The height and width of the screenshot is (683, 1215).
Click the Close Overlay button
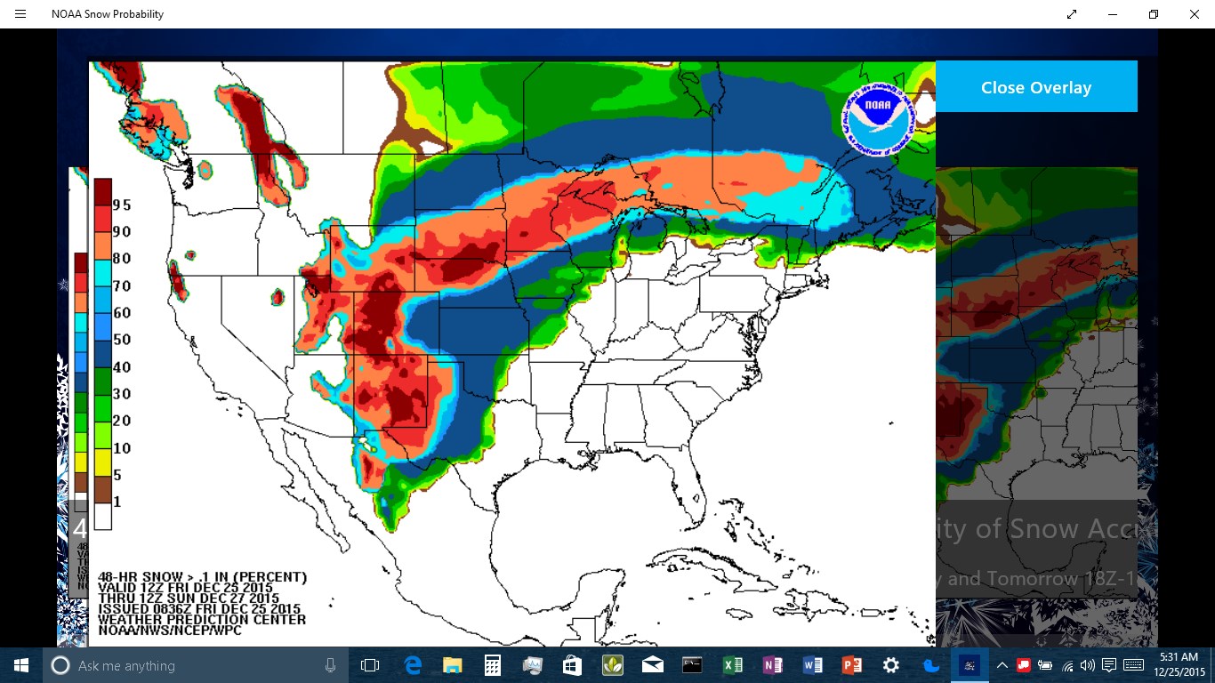(x=1036, y=87)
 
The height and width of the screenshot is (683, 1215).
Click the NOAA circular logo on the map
(x=878, y=121)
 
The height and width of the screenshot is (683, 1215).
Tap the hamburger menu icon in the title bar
(x=20, y=14)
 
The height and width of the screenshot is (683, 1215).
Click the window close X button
(x=1195, y=14)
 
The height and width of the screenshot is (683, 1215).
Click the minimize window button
(x=1113, y=14)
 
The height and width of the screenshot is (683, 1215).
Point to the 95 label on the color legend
(x=122, y=205)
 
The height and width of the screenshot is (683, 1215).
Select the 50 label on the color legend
(x=122, y=340)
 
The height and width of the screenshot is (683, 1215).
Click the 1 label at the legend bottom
(x=117, y=502)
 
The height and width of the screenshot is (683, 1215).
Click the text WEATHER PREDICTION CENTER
(x=202, y=620)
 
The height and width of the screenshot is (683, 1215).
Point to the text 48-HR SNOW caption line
(x=202, y=577)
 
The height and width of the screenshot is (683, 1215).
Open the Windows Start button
(x=21, y=665)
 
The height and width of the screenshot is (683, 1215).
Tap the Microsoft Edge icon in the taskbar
(x=413, y=665)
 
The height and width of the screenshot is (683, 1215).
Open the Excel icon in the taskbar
(x=732, y=665)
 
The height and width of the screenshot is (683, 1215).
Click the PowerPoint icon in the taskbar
(x=851, y=665)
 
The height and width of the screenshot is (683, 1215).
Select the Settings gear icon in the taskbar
(x=890, y=665)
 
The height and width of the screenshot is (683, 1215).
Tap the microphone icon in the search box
(x=330, y=665)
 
